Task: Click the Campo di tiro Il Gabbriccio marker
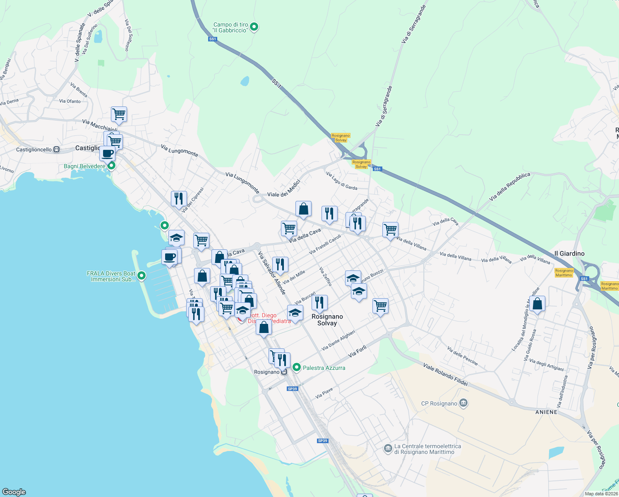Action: point(254,27)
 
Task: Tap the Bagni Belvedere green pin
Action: point(111,166)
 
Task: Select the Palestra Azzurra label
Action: point(324,368)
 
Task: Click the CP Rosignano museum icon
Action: point(463,403)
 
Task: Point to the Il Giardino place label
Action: point(569,253)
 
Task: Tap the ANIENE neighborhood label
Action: point(546,412)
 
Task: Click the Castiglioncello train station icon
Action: point(56,150)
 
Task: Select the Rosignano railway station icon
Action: point(284,372)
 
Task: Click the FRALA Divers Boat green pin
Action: point(142,276)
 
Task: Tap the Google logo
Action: point(14,492)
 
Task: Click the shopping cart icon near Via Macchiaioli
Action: point(119,114)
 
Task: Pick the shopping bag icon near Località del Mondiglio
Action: point(537,304)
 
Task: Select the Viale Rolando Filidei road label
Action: point(445,374)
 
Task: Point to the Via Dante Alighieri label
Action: point(338,340)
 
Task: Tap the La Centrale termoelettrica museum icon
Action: point(388,449)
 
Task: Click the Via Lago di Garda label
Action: point(341,181)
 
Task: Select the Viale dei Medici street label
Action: point(283,188)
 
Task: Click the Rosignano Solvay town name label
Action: point(327,320)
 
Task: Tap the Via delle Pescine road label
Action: point(462,356)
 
